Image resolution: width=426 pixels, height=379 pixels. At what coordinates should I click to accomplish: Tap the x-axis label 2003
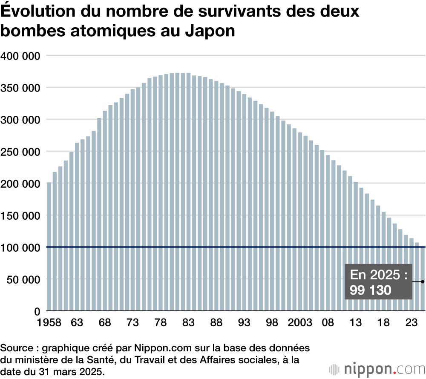click(x=301, y=323)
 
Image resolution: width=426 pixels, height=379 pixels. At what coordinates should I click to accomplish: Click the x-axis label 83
click(x=188, y=323)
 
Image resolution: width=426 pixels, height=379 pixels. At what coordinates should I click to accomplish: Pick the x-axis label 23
click(x=412, y=323)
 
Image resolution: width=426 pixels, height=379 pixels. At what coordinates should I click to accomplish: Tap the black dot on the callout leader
click(x=423, y=281)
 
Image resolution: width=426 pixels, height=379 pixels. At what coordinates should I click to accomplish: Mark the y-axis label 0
click(x=37, y=311)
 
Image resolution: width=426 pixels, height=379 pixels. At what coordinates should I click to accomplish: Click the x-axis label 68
click(x=105, y=323)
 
